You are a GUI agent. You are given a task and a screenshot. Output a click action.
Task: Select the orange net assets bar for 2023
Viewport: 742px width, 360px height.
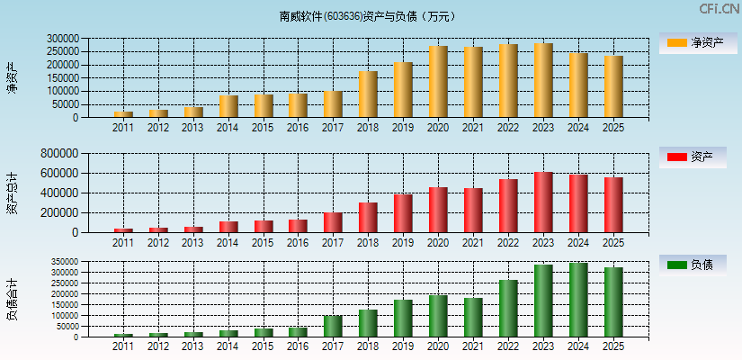point(543,81)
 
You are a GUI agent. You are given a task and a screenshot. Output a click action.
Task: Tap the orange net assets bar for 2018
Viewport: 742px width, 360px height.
point(368,94)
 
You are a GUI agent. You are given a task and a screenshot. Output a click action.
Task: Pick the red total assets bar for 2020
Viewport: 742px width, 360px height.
point(438,210)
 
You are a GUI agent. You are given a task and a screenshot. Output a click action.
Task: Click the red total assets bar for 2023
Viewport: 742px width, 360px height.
point(543,202)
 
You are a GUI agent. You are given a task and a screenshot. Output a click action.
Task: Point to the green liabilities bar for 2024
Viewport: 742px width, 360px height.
point(578,300)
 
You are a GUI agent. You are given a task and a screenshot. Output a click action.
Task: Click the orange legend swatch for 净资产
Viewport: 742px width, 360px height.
point(676,42)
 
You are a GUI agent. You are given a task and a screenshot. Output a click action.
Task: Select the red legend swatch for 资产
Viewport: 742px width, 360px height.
point(676,157)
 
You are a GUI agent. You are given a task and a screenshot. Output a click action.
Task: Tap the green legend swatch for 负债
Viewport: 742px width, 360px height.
point(676,265)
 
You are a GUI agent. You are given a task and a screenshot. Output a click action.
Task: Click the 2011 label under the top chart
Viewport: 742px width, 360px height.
point(123,128)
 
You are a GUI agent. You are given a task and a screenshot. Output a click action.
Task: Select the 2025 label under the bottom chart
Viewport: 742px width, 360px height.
point(612,346)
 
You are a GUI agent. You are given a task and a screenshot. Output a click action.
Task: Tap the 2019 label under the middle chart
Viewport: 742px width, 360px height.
point(403,243)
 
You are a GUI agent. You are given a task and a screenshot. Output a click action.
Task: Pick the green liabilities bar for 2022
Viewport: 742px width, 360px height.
point(508,309)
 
